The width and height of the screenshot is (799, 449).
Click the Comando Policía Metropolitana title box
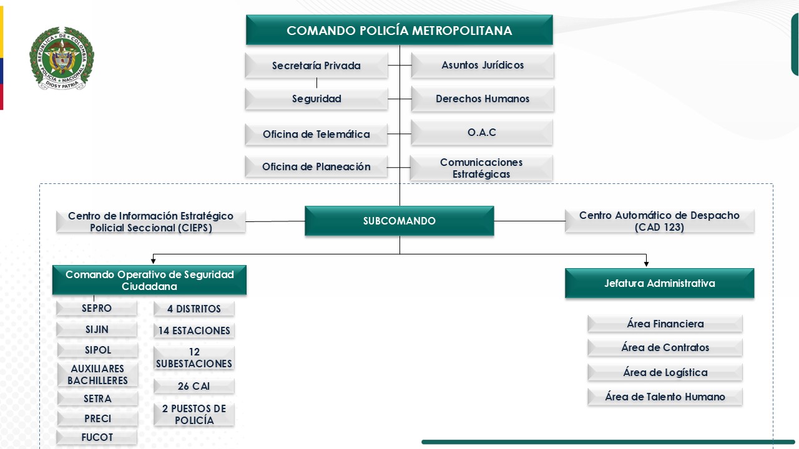click(399, 31)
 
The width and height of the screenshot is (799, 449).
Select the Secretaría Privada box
click(316, 65)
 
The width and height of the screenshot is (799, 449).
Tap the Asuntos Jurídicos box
click(483, 65)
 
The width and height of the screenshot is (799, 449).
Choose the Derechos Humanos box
click(483, 99)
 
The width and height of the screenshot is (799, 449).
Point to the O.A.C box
click(482, 133)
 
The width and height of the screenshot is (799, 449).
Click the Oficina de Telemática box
click(316, 134)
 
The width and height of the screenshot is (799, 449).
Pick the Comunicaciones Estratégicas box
click(481, 168)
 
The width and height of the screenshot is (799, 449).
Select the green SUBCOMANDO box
click(399, 221)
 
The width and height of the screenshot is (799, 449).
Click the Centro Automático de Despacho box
click(659, 221)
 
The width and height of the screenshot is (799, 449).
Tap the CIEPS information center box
click(150, 222)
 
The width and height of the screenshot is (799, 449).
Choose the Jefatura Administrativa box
click(659, 283)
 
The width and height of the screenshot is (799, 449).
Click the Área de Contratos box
click(665, 348)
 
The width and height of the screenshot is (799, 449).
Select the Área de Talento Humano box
click(665, 397)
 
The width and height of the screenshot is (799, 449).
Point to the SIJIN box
click(97, 329)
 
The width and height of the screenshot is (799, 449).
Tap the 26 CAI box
click(194, 387)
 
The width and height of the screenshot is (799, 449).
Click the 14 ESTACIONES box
click(194, 331)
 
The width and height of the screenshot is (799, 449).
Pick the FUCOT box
click(97, 438)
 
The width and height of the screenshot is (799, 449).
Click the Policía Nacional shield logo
click(61, 58)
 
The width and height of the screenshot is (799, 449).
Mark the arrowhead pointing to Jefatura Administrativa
click(646, 264)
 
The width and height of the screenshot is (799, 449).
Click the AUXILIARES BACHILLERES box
click(97, 375)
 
